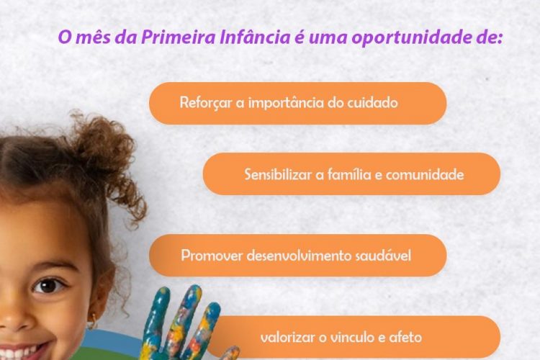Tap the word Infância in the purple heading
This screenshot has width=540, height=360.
[255, 37]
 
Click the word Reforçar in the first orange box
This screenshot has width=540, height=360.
[206, 103]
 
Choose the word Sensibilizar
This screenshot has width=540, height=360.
[278, 174]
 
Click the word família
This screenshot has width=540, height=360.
[349, 174]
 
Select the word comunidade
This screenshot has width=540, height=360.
[425, 175]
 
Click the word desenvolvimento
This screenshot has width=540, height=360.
[299, 256]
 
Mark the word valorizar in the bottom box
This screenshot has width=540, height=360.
[288, 337]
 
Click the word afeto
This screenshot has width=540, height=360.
[405, 337]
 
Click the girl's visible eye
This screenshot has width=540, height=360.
[48, 285]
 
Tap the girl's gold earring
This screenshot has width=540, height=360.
[92, 322]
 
